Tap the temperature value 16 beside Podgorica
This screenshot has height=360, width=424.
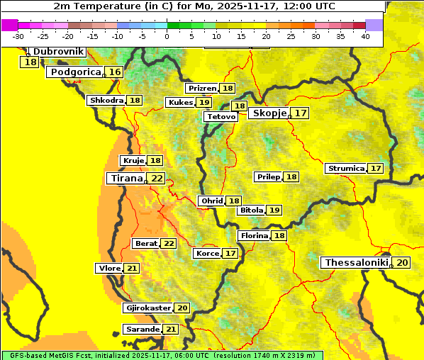[115, 72]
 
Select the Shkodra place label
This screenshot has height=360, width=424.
[106, 101]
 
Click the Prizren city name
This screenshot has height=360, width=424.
[202, 89]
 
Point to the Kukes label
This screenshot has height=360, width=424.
[179, 103]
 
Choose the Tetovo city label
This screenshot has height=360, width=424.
[220, 116]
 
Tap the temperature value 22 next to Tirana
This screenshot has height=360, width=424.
[157, 179]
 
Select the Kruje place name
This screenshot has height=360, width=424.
[133, 161]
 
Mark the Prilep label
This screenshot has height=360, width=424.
[268, 176]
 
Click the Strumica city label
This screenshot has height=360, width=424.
[346, 169]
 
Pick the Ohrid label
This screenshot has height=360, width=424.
[211, 201]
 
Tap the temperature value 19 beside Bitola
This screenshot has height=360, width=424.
[274, 210]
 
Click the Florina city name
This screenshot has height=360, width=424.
[254, 235]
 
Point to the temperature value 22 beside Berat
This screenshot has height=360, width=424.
[169, 244]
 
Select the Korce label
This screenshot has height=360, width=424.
[207, 254]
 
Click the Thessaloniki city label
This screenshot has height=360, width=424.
[356, 263]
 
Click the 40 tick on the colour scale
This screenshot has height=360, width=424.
[365, 36]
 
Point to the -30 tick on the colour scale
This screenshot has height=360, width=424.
[18, 36]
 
